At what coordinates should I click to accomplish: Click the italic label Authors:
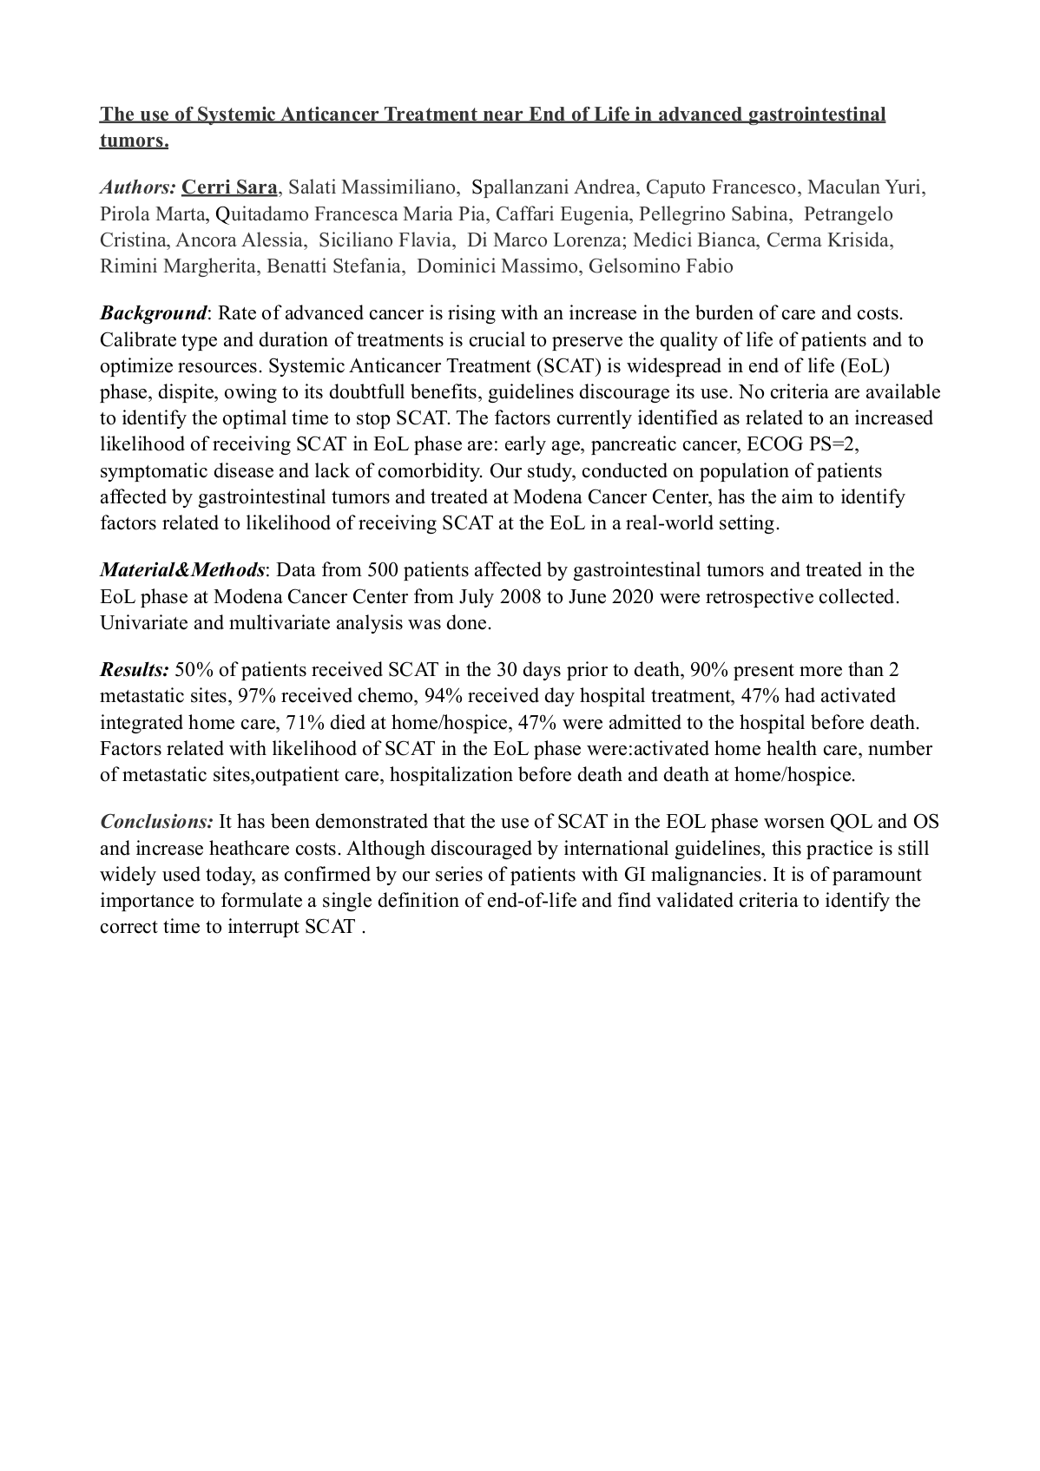(x=138, y=187)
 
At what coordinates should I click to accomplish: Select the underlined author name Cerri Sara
(x=229, y=187)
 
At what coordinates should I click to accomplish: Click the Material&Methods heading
(x=182, y=570)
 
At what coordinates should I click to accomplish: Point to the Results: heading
(x=135, y=670)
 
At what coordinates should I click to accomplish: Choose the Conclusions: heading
(x=156, y=822)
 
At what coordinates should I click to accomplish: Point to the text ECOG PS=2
(x=803, y=444)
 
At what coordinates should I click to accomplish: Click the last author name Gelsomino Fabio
(x=661, y=266)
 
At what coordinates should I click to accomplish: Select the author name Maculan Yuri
(x=866, y=187)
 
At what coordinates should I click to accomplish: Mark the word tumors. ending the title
(x=134, y=141)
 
